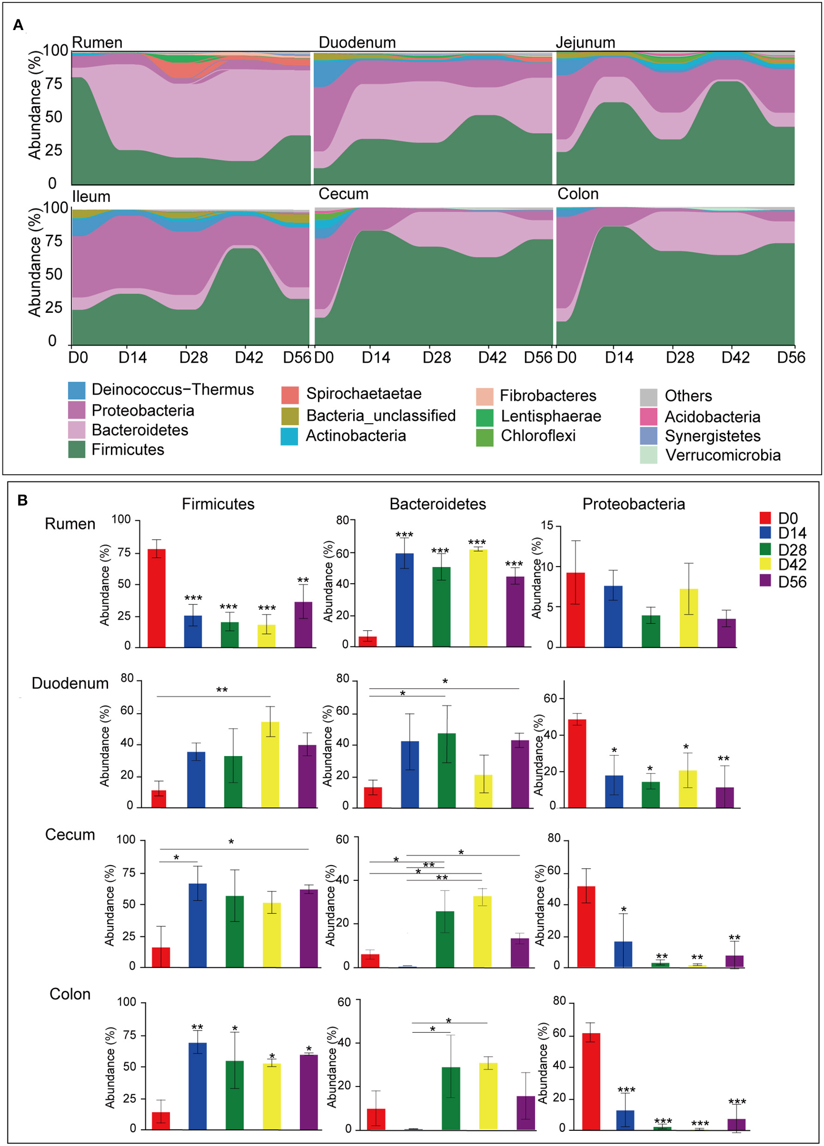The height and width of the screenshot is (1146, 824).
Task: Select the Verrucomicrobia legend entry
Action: (722, 455)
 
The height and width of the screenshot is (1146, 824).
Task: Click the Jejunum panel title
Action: (585, 43)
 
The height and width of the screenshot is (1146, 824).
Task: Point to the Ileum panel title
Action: (91, 196)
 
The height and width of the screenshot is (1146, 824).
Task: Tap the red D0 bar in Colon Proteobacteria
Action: (591, 1081)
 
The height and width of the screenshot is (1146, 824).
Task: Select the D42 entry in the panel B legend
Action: (792, 564)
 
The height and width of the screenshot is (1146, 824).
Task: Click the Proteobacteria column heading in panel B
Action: (634, 504)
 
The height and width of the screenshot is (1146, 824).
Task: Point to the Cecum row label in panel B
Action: (70, 834)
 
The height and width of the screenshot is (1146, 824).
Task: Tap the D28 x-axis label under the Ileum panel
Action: (194, 358)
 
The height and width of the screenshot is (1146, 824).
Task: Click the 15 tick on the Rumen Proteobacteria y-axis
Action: (547, 525)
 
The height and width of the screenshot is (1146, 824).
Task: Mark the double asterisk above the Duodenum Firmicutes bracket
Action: (222, 690)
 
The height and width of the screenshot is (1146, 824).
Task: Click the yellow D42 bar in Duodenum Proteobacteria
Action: (688, 789)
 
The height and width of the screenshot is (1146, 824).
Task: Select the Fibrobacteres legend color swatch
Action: (485, 396)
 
